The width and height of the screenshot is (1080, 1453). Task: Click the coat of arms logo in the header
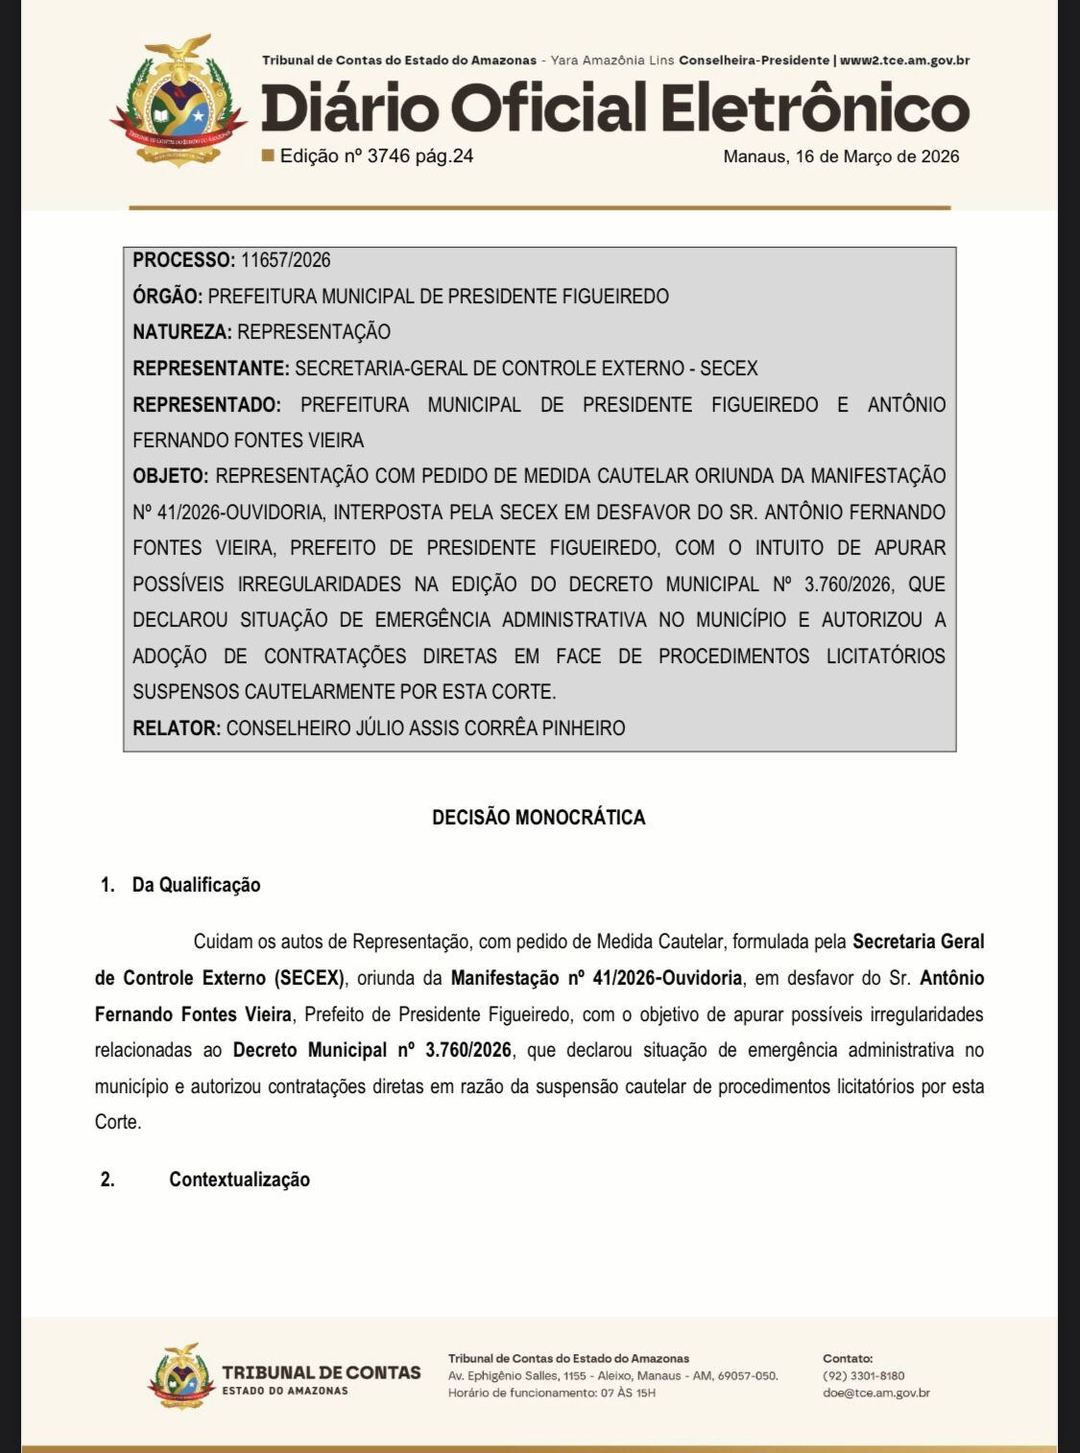[179, 102]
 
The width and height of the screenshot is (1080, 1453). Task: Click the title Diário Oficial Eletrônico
[614, 107]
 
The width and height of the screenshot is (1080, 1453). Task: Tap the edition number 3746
[388, 156]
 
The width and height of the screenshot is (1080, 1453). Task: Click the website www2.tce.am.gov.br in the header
[904, 60]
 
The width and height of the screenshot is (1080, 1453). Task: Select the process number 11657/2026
[285, 260]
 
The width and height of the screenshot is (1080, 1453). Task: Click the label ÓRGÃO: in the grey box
[167, 297]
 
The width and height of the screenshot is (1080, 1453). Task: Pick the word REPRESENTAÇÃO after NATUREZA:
[314, 332]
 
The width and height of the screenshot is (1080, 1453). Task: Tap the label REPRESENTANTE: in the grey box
[210, 369]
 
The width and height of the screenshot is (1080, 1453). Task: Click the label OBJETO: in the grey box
[170, 476]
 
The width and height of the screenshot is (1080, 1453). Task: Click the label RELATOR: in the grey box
[177, 728]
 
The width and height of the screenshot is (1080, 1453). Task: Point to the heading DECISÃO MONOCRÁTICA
[539, 818]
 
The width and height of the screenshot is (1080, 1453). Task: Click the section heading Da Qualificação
[196, 885]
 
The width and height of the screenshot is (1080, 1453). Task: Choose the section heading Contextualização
[239, 1179]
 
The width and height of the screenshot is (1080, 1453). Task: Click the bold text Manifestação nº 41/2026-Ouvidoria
[596, 978]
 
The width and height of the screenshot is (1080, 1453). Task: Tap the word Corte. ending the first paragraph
[117, 1122]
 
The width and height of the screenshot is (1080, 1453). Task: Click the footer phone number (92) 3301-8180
[863, 1375]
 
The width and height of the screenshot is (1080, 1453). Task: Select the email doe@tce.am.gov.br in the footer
[876, 1393]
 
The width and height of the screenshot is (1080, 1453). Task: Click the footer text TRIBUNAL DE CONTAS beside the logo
[321, 1373]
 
